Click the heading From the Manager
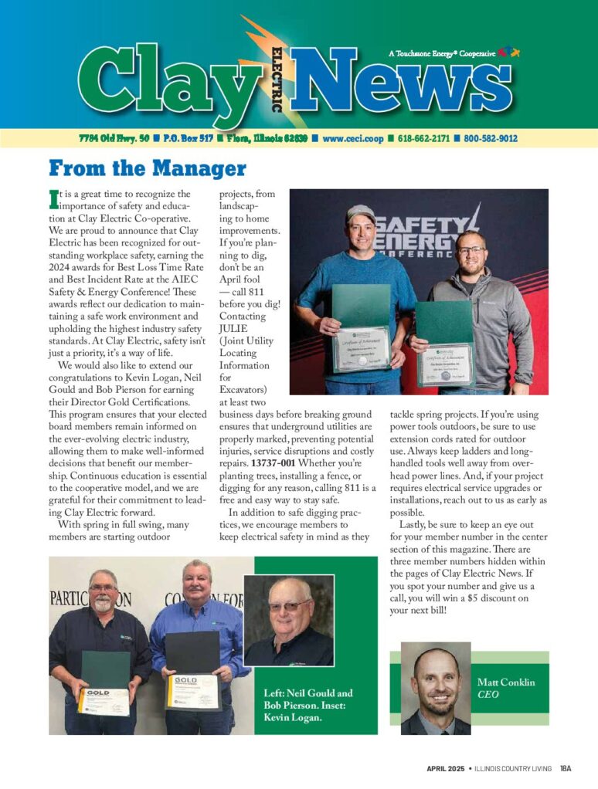(147, 168)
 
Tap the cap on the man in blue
(360, 213)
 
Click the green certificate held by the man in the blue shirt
(361, 328)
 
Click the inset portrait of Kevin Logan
(289, 621)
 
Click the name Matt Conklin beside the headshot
(506, 682)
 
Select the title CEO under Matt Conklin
(488, 695)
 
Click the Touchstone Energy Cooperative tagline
(441, 54)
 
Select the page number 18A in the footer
(566, 769)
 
